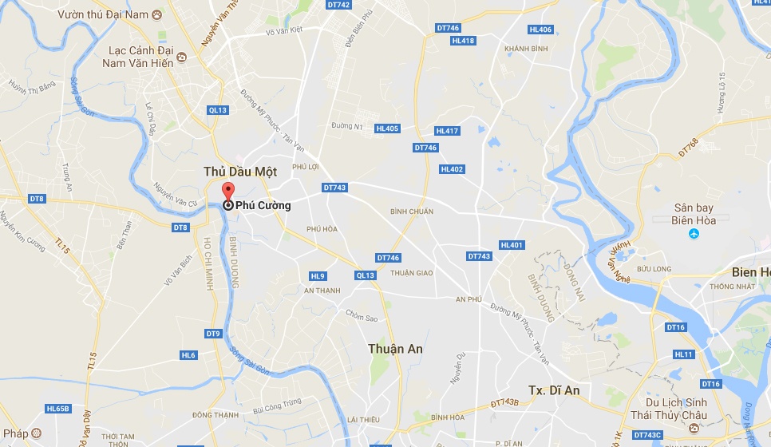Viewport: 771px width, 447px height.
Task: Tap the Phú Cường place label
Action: click(263, 206)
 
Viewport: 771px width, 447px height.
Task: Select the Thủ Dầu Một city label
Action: click(240, 172)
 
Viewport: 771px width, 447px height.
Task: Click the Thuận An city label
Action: click(396, 349)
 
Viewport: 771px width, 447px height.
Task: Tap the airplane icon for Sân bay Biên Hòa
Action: click(694, 234)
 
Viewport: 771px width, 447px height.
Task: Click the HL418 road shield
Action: click(463, 41)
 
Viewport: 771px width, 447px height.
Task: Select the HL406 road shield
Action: click(540, 30)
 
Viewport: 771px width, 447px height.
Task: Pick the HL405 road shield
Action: click(387, 129)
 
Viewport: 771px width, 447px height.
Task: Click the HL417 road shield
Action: click(447, 131)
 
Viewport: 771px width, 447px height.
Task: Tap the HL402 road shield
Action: click(452, 169)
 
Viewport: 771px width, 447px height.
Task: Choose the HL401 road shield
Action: click(512, 245)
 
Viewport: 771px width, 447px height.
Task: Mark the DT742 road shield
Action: click(339, 5)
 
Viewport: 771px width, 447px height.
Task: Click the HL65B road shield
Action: click(58, 409)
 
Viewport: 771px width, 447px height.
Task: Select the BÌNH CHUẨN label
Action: click(412, 212)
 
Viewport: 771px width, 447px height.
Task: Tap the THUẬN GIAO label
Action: click(412, 273)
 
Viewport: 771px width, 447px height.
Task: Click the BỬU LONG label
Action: click(654, 271)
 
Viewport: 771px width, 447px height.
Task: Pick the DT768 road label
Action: click(688, 147)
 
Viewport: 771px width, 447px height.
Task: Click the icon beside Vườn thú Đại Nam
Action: click(156, 14)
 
